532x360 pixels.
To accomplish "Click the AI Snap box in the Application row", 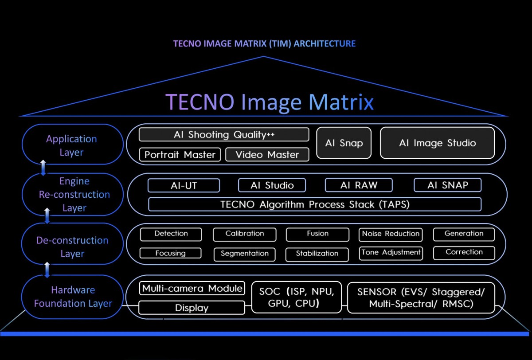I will tap(344, 143).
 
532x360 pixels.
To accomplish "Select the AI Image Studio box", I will tap(437, 143).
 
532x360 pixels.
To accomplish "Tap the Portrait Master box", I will tap(180, 155).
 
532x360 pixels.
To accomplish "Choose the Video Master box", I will tap(267, 155).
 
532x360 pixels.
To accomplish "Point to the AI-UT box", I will tap(184, 185).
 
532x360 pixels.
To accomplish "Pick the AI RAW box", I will tap(359, 185).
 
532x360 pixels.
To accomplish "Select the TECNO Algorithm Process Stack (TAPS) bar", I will tap(315, 204).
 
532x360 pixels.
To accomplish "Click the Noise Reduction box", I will tap(391, 234).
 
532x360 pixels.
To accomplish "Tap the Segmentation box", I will tap(244, 254).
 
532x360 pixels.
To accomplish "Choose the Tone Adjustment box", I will tap(391, 253).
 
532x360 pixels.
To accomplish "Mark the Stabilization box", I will tap(317, 254).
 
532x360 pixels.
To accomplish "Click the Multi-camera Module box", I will tap(192, 289).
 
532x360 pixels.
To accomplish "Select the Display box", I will tap(192, 308).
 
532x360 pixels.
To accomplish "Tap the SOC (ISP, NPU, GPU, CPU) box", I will tap(297, 297).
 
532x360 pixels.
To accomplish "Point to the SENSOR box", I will tap(421, 297).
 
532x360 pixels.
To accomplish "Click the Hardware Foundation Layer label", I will tap(73, 297).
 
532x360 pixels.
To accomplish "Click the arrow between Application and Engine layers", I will tap(43, 168).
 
